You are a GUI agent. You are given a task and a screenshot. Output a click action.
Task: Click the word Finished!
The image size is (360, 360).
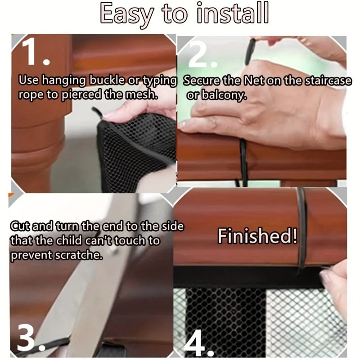tap(257, 236)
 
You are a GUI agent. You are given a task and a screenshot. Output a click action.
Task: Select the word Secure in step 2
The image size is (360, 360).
tap(203, 81)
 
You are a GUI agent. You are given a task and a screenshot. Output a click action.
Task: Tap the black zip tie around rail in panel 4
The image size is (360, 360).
tap(301, 225)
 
